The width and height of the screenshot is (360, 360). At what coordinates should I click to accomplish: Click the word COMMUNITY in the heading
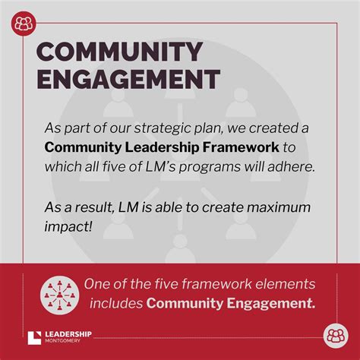(119, 52)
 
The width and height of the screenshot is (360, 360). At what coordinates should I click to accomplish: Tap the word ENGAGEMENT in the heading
(128, 79)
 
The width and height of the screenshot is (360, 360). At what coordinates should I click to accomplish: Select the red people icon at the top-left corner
(24, 24)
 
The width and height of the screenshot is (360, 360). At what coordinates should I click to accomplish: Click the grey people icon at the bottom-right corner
(336, 336)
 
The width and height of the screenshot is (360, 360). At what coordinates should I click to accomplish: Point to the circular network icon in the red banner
(59, 295)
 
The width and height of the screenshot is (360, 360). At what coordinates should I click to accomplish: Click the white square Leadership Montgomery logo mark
(34, 338)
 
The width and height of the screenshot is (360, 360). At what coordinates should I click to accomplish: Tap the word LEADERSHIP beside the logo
(68, 334)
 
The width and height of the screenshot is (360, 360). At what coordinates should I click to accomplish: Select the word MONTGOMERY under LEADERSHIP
(62, 341)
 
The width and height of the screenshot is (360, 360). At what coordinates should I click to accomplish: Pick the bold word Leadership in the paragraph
(162, 148)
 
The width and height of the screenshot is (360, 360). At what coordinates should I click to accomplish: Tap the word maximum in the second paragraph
(279, 207)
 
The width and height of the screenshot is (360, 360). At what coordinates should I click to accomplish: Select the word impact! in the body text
(68, 226)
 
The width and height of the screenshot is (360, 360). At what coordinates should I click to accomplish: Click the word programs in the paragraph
(210, 167)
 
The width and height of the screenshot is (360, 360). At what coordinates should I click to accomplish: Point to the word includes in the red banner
(116, 303)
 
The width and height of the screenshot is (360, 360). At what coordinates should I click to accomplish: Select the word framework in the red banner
(216, 284)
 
